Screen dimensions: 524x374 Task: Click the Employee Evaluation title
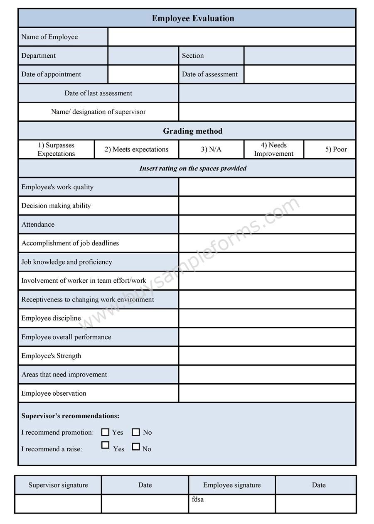(x=193, y=18)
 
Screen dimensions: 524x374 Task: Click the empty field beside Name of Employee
(x=231, y=37)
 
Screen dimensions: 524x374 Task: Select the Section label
(x=193, y=56)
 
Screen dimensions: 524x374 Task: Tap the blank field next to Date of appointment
(x=143, y=74)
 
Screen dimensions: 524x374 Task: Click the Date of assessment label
(x=210, y=74)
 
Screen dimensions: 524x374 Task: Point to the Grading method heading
(x=192, y=131)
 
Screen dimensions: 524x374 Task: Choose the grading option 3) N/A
(x=211, y=149)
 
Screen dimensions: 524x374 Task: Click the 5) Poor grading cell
(x=335, y=149)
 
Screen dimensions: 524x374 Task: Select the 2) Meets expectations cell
(x=136, y=149)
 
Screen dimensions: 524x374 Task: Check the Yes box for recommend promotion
(x=105, y=432)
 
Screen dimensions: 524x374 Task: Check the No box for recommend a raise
(x=135, y=447)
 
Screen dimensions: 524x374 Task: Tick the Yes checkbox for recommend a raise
(x=105, y=445)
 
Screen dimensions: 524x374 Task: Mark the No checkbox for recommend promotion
(x=135, y=432)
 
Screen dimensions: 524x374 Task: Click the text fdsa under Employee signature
(x=198, y=500)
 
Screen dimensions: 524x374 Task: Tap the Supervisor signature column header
(x=58, y=485)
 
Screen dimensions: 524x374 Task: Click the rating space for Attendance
(x=267, y=225)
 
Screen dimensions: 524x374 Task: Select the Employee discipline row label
(x=51, y=318)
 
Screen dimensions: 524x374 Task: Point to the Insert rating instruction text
(x=193, y=168)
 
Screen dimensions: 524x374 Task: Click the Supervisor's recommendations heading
(x=70, y=416)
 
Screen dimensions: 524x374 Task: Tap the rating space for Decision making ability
(x=267, y=206)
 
